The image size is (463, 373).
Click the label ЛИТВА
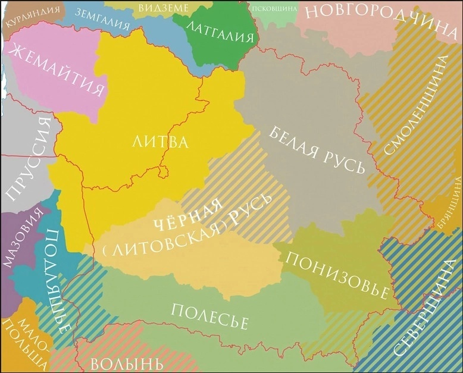[x=160, y=142]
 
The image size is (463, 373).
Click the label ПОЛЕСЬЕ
[x=209, y=316]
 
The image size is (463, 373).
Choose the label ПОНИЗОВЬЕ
[x=338, y=275]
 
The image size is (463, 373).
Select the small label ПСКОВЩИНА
[x=274, y=9]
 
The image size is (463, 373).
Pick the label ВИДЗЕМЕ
[x=163, y=8]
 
